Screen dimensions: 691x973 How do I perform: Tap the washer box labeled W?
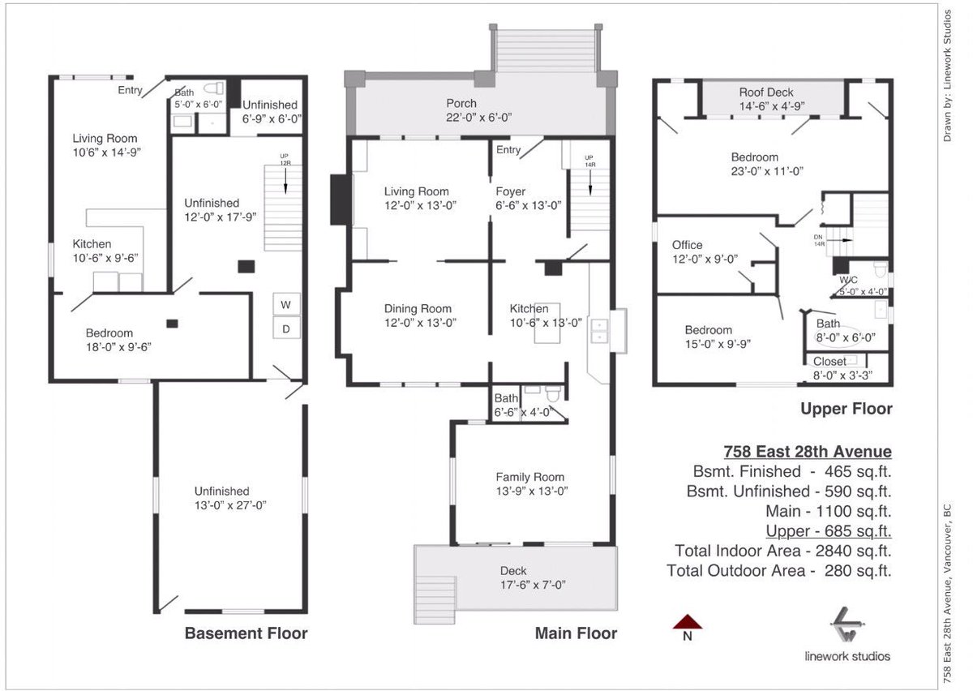(x=286, y=304)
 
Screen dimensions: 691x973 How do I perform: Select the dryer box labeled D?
(x=286, y=328)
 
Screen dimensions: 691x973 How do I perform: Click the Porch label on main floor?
(x=461, y=104)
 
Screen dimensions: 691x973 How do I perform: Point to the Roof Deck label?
(x=766, y=92)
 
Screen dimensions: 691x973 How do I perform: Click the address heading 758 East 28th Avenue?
(x=807, y=452)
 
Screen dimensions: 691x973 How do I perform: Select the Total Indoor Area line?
(x=782, y=551)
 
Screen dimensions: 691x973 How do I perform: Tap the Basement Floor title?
(x=246, y=633)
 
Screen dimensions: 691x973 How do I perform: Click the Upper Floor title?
(x=847, y=409)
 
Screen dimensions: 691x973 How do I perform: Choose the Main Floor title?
(x=576, y=633)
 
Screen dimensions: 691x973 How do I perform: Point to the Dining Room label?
(x=418, y=309)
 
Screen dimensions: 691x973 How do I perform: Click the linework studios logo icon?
(x=847, y=624)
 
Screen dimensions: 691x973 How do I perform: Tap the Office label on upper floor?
(x=687, y=245)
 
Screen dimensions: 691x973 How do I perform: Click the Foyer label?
(x=512, y=191)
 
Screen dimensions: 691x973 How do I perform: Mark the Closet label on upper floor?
(x=829, y=361)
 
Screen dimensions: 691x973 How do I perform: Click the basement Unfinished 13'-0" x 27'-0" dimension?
(x=230, y=504)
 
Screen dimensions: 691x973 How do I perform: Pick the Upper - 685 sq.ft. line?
(x=829, y=531)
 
